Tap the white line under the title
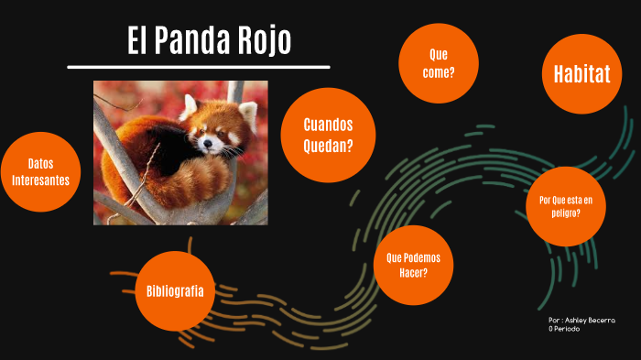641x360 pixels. point(198,67)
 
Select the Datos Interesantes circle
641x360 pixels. point(40,172)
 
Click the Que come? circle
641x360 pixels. point(438,63)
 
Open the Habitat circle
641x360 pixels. point(581,74)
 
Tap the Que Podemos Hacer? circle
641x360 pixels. point(414,266)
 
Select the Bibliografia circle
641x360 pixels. point(180,291)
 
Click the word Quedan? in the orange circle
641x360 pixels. point(328,145)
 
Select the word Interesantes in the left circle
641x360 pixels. point(41,180)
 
